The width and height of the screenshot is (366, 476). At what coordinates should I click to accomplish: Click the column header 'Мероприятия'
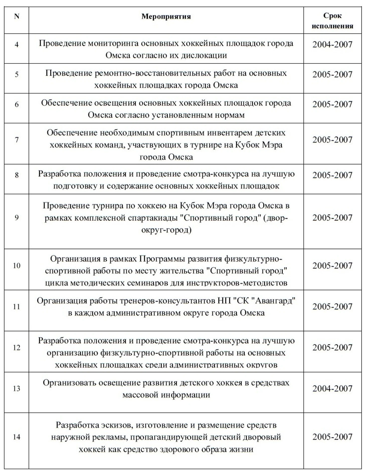click(166, 17)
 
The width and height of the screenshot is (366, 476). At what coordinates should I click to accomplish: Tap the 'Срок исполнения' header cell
click(332, 21)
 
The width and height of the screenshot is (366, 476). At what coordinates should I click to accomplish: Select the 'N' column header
click(17, 17)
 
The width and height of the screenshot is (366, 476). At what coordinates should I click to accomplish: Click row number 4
click(17, 45)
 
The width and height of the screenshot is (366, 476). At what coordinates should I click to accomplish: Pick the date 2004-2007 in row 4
click(332, 45)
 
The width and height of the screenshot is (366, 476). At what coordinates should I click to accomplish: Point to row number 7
click(17, 140)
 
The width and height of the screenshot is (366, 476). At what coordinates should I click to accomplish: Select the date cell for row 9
click(332, 217)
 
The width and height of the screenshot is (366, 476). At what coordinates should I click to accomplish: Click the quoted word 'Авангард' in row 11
click(275, 300)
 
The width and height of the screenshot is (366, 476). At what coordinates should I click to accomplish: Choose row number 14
click(17, 437)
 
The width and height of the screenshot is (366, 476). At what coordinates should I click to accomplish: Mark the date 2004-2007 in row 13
click(332, 388)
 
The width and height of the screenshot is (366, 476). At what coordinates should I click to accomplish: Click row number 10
click(17, 266)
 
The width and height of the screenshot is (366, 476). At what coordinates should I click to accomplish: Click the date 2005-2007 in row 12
click(332, 347)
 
